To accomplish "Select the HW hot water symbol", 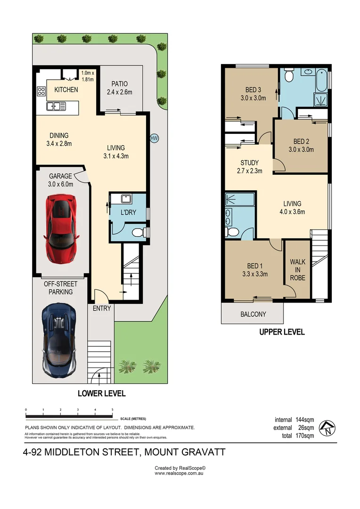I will click(x=154, y=138).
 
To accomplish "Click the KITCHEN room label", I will click(x=66, y=90).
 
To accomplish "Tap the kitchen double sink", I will click(x=56, y=107).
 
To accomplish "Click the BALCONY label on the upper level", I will click(x=253, y=314).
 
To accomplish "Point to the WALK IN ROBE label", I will click(x=297, y=270).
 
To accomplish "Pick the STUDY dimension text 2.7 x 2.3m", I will click(x=249, y=171).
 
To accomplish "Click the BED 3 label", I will click(x=253, y=90).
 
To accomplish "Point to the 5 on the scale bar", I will click(x=113, y=410).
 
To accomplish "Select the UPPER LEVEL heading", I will click(x=282, y=332).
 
